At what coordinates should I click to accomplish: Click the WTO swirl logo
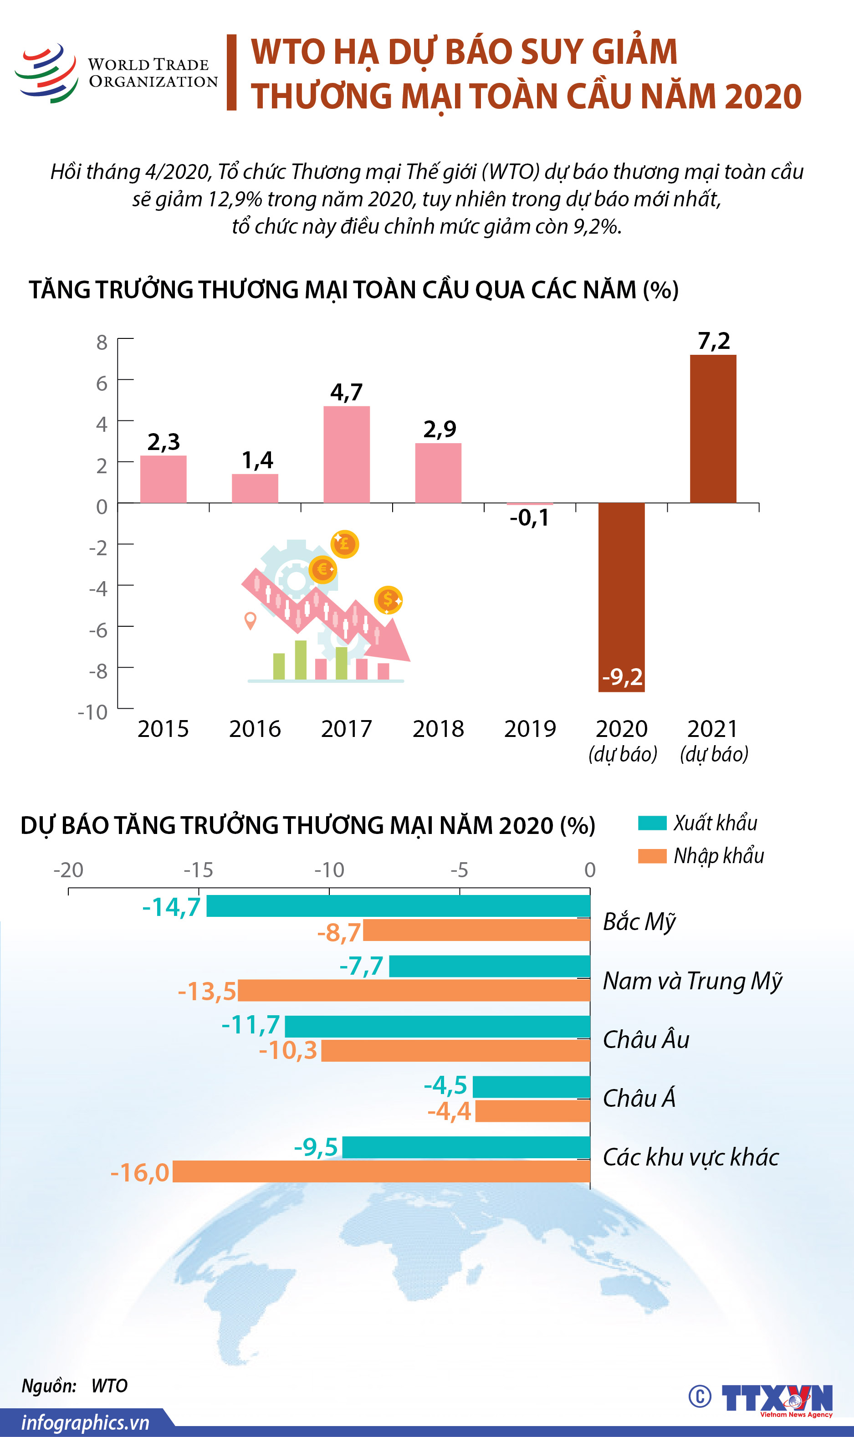point(46,73)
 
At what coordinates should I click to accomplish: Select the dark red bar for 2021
point(712,429)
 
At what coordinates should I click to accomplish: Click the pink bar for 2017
point(347,454)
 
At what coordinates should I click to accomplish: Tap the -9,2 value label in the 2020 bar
point(622,677)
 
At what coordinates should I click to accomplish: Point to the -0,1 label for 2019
point(529,517)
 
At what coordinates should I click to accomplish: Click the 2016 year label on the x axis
point(255,729)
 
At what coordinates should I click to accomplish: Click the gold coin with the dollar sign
point(388,600)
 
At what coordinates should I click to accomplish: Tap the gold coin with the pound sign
point(344,543)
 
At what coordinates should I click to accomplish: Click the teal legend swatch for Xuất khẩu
point(652,823)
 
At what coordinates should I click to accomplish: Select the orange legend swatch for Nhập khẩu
point(652,856)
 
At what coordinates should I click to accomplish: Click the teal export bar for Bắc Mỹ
point(398,906)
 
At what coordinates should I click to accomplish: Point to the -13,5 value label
point(207,991)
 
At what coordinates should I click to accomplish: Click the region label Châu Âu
point(646,1039)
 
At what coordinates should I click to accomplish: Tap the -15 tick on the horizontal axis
point(199,869)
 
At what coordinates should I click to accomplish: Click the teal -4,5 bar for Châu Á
point(531,1087)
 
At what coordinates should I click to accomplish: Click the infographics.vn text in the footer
point(85,1422)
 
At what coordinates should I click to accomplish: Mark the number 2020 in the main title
point(762,96)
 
